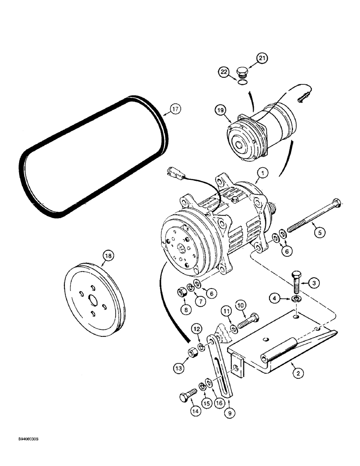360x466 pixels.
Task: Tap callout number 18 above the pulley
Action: coord(108,255)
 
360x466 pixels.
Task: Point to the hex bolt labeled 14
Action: coord(185,397)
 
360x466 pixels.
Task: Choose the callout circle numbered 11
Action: coord(226,310)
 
